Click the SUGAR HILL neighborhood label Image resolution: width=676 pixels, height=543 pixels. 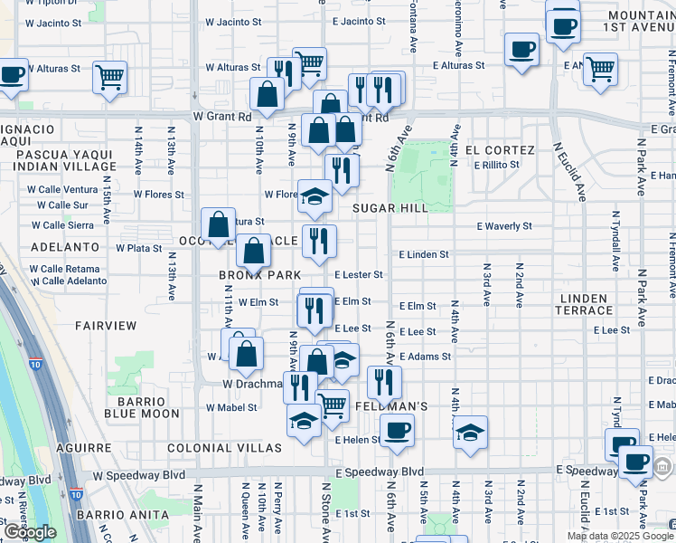pyautogui.click(x=390, y=208)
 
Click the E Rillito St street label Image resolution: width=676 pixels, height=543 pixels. pyautogui.click(x=489, y=165)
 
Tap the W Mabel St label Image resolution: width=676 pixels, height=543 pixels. pyautogui.click(x=231, y=407)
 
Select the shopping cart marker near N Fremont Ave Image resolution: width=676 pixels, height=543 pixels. pyautogui.click(x=600, y=69)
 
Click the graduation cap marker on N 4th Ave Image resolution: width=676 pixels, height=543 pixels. pyautogui.click(x=470, y=433)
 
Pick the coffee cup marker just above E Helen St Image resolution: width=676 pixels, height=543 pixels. pyautogui.click(x=396, y=431)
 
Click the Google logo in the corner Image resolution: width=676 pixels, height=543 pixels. pyautogui.click(x=30, y=532)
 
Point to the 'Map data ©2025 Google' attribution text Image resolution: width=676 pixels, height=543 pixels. pyautogui.click(x=621, y=536)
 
